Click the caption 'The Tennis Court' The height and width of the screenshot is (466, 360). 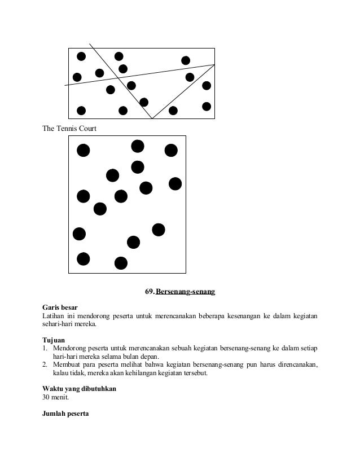[69, 129]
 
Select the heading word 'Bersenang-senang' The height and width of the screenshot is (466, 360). [186, 292]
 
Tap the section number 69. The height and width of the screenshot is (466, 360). [150, 292]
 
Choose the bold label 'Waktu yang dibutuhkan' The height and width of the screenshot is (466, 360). [80, 389]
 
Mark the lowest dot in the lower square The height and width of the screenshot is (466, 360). [121, 263]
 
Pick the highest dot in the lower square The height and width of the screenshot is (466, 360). [138, 146]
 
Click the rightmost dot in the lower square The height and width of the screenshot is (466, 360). [175, 183]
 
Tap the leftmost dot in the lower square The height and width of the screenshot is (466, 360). [79, 233]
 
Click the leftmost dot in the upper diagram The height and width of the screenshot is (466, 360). [77, 77]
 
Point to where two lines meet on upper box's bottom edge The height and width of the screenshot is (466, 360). [152, 118]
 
